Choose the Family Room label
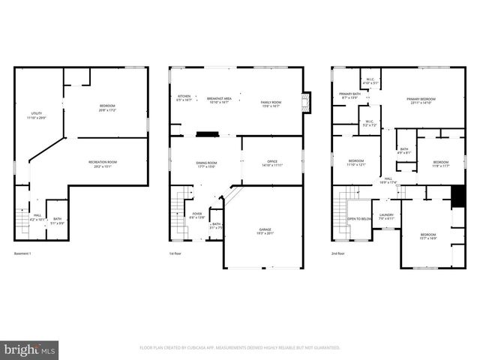pos(271,103)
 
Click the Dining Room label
pos(206,164)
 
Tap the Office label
pos(272,163)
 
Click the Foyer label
pos(196,215)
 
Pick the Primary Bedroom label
pos(421,100)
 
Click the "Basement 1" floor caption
pos(22,253)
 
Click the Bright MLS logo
pos(30,349)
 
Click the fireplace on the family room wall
pos(305,103)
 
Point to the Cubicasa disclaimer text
pos(240,348)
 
